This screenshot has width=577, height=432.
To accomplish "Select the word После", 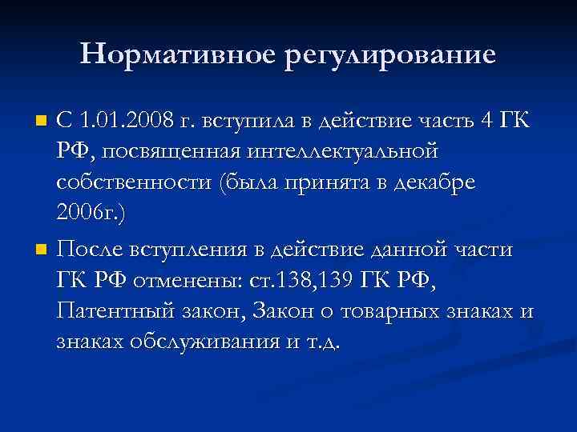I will tap(92, 250).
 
